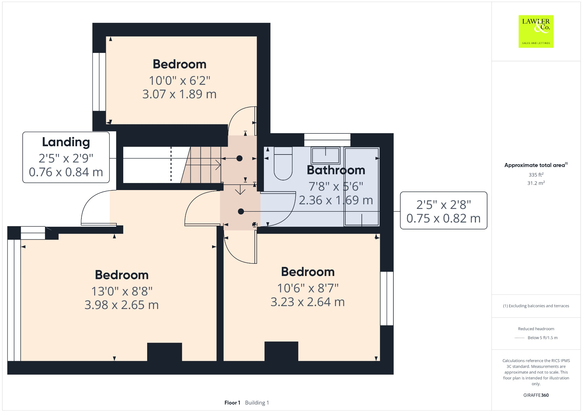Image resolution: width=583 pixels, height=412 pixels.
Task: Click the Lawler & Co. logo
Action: (536, 31)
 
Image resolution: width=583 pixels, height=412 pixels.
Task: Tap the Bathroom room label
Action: (336, 170)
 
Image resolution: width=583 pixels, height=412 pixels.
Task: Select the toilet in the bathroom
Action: (283, 163)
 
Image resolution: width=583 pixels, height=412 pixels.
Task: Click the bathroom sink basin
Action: (325, 155)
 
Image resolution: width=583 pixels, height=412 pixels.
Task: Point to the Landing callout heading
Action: (66, 142)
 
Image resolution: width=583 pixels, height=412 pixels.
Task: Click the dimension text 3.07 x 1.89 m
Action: (179, 94)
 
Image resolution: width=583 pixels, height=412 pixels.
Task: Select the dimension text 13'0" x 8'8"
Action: (122, 291)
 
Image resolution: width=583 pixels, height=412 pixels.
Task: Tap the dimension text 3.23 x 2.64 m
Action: (307, 302)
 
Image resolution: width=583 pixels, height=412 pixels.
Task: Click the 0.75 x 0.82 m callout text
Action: (443, 219)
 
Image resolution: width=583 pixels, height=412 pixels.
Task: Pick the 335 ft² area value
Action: (536, 175)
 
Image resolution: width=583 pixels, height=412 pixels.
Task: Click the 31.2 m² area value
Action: (536, 183)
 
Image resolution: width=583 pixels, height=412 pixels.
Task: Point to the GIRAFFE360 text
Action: (536, 395)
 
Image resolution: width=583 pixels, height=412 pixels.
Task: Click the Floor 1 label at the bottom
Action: (232, 403)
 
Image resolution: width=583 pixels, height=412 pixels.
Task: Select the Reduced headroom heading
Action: (536, 329)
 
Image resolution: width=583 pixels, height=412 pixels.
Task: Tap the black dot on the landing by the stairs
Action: (239, 158)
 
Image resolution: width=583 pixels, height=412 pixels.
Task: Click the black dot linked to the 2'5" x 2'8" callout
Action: (241, 211)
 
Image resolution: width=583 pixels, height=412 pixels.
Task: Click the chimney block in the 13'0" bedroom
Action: (164, 352)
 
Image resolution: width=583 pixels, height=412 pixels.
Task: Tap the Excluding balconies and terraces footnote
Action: (536, 306)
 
